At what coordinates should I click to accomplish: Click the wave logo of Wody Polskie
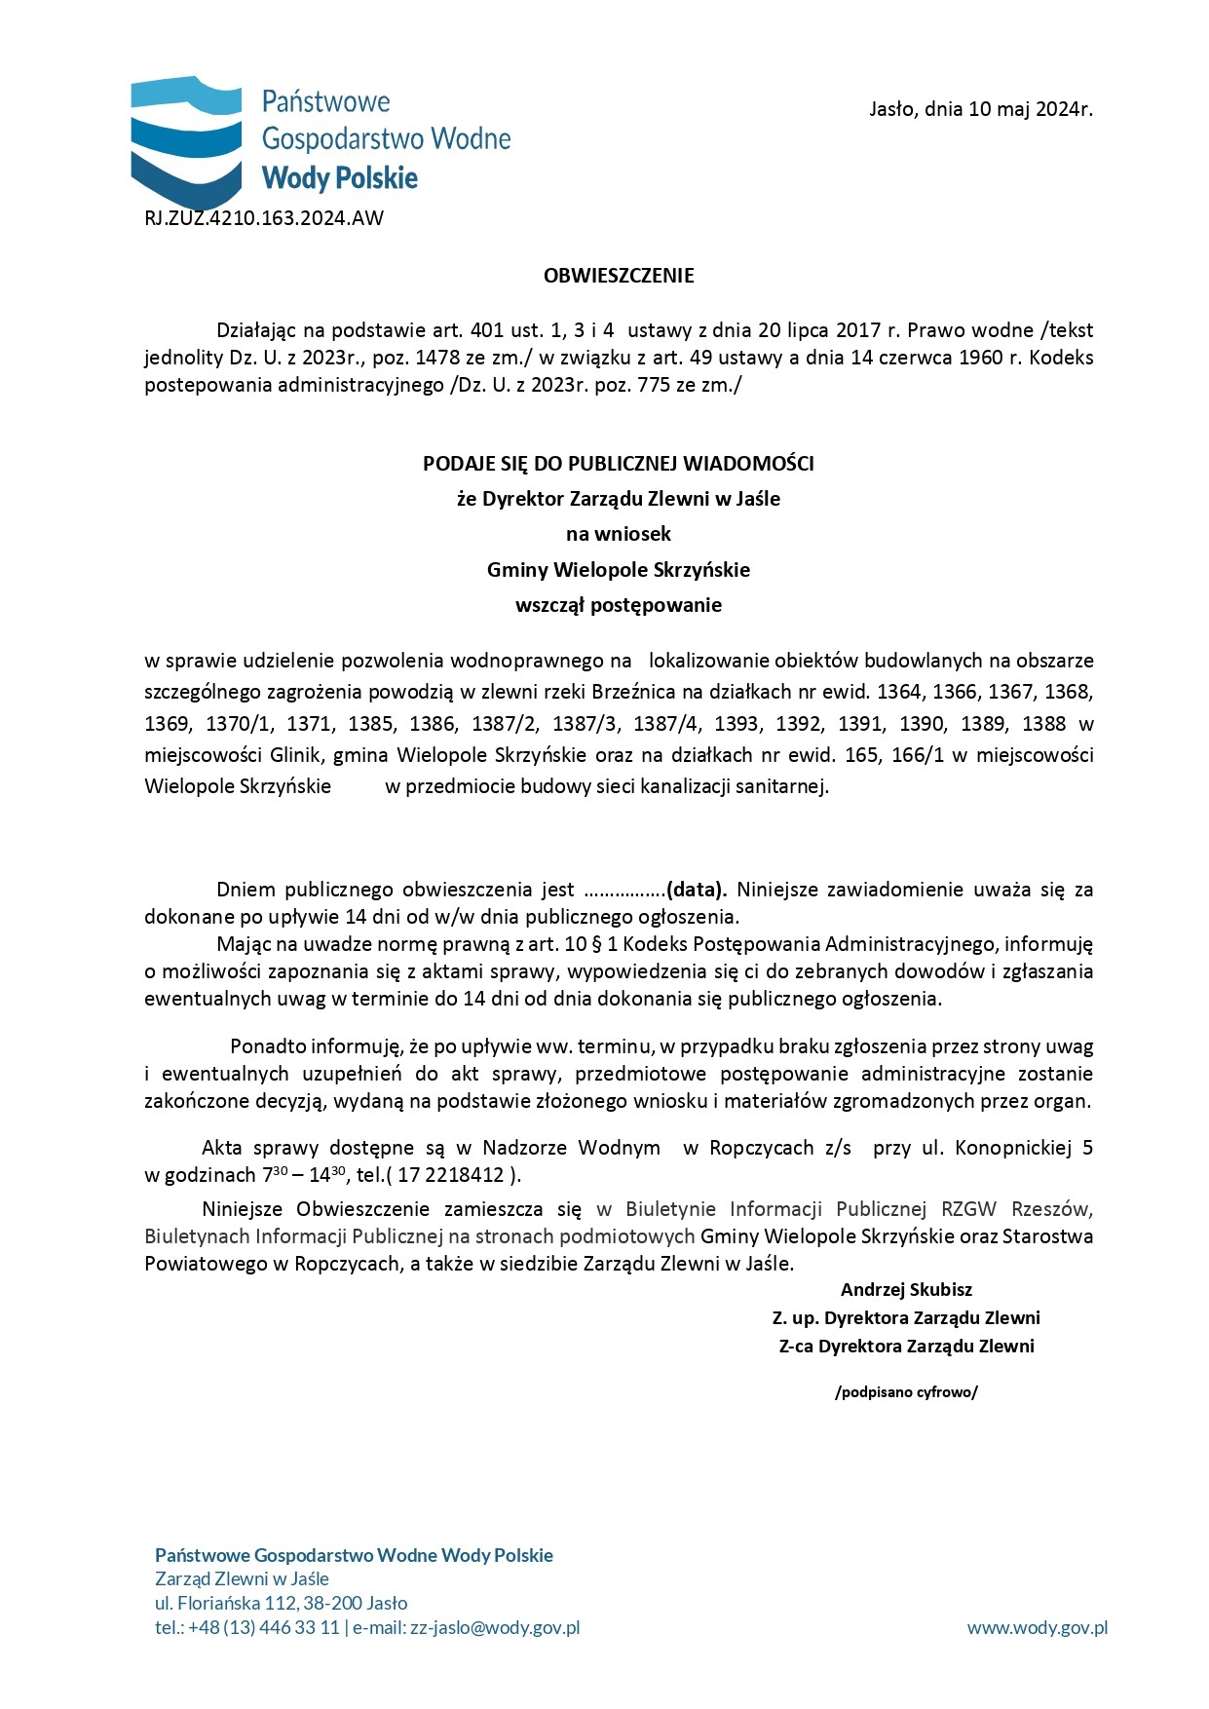(186, 136)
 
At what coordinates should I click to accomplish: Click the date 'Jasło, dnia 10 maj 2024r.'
(980, 109)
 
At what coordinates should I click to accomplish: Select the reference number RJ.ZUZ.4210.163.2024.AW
(264, 218)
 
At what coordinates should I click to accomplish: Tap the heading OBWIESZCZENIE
(619, 276)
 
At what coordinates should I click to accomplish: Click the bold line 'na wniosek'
(619, 534)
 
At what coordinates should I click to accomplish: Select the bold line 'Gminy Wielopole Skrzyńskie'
(619, 570)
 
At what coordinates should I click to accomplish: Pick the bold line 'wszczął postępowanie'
(619, 605)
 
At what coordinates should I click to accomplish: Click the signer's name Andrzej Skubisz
(906, 1290)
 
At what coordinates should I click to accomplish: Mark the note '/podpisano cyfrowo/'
(906, 1392)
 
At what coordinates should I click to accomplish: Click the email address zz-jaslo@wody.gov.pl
(495, 1627)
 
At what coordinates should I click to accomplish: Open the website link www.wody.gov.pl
(1037, 1627)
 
